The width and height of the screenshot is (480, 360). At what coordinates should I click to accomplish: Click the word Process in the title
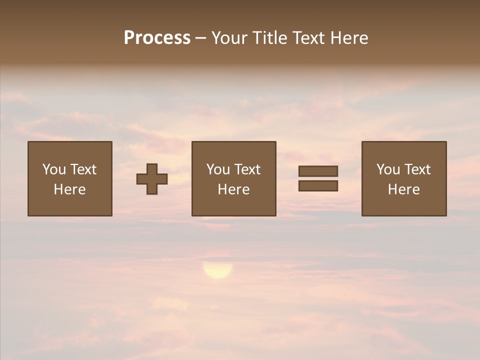pyautogui.click(x=157, y=38)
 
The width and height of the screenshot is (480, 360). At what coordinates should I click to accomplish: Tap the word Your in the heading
pyautogui.click(x=228, y=38)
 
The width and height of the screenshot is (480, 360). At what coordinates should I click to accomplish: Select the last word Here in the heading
pyautogui.click(x=350, y=38)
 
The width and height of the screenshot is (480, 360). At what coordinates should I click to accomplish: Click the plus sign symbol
pyautogui.click(x=152, y=179)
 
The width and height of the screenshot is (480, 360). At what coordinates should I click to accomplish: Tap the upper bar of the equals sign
pyautogui.click(x=318, y=171)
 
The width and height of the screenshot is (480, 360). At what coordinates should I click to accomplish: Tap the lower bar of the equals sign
pyautogui.click(x=318, y=186)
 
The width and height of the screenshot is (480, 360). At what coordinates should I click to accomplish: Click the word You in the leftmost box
pyautogui.click(x=54, y=169)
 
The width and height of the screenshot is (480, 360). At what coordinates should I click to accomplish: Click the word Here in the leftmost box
pyautogui.click(x=69, y=189)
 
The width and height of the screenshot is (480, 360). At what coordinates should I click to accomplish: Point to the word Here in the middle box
pyautogui.click(x=233, y=189)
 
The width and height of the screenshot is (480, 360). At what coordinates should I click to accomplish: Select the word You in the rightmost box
pyautogui.click(x=388, y=169)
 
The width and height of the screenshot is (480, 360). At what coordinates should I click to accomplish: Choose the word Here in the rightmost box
pyautogui.click(x=403, y=189)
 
